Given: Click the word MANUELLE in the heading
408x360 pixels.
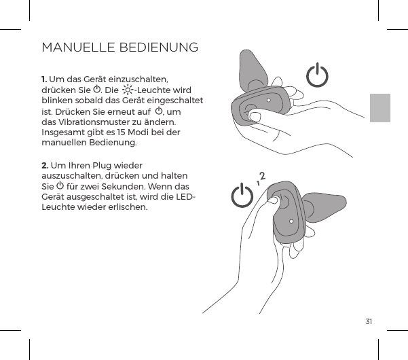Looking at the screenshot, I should click(x=79, y=48).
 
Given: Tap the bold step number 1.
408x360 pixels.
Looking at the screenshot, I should click(x=45, y=79).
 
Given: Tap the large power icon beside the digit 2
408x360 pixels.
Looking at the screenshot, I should click(x=242, y=197).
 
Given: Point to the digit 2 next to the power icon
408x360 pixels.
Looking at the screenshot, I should click(x=261, y=177).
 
